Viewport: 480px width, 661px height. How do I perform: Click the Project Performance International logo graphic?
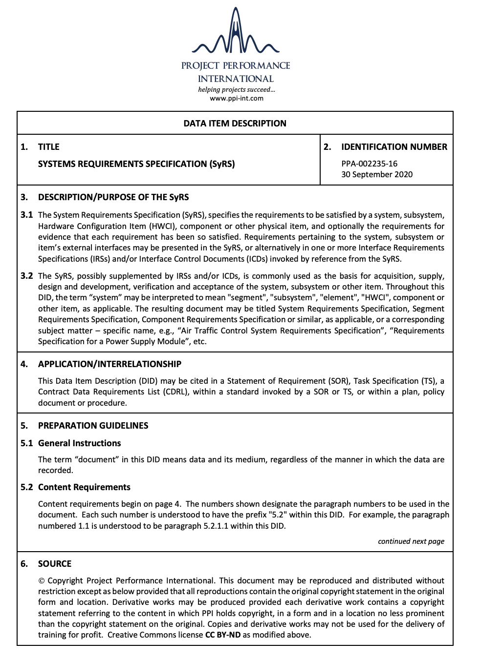coord(236,32)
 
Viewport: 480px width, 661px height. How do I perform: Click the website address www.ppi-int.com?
coord(237,98)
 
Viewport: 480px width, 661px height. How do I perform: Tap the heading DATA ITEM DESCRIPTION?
coord(235,124)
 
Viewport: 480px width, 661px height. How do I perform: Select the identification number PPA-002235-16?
coord(369,164)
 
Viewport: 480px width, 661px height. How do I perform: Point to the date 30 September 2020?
coord(377,174)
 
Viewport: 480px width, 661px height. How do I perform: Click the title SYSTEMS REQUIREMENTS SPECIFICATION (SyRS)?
coord(136,164)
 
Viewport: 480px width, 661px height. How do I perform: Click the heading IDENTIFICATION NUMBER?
coord(394,147)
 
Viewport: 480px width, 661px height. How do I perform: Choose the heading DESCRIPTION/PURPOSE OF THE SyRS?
coord(113,197)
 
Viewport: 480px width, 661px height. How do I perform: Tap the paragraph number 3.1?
coord(26,215)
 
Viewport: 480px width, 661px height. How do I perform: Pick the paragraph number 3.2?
coord(26,276)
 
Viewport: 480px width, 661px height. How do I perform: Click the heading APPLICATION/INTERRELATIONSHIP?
coord(109,364)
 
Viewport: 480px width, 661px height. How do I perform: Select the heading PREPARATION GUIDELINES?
coord(93,426)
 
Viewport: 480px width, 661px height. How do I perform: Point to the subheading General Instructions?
coord(79,443)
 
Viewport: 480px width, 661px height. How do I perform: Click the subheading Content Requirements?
coord(84,487)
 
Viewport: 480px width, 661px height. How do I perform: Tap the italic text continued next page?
coord(411,541)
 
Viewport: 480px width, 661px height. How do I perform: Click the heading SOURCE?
coord(55,564)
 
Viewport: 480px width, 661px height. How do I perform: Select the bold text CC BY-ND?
coord(223,635)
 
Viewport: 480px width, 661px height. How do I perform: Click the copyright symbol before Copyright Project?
coord(42,580)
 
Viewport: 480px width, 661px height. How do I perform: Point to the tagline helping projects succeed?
coord(237,89)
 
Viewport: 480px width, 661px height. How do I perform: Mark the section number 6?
coord(24,564)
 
